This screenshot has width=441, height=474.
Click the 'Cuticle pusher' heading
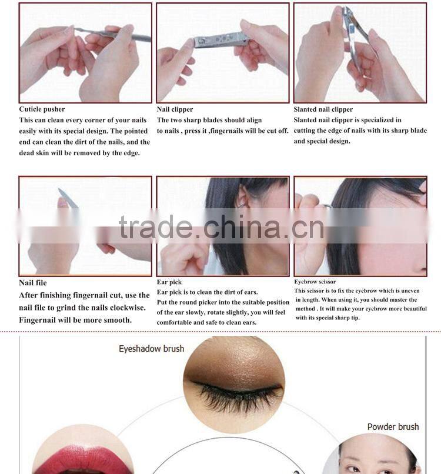pyautogui.click(x=42, y=109)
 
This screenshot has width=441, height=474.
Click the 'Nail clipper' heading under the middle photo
pyautogui.click(x=175, y=109)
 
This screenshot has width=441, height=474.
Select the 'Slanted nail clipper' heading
pyautogui.click(x=323, y=109)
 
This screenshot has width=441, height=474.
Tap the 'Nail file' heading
pyautogui.click(x=33, y=283)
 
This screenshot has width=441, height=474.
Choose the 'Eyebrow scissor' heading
pyautogui.click(x=315, y=282)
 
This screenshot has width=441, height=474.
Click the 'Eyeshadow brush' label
pyautogui.click(x=151, y=349)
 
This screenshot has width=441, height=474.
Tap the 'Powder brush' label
pyautogui.click(x=393, y=426)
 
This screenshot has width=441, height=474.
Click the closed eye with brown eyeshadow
pyautogui.click(x=234, y=376)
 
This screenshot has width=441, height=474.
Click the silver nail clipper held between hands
pyautogui.click(x=222, y=41)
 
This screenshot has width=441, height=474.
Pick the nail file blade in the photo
pyautogui.click(x=68, y=198)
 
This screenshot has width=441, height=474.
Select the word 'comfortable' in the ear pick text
pyautogui.click(x=176, y=322)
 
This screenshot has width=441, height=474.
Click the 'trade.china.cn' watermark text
pyautogui.click(x=220, y=228)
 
